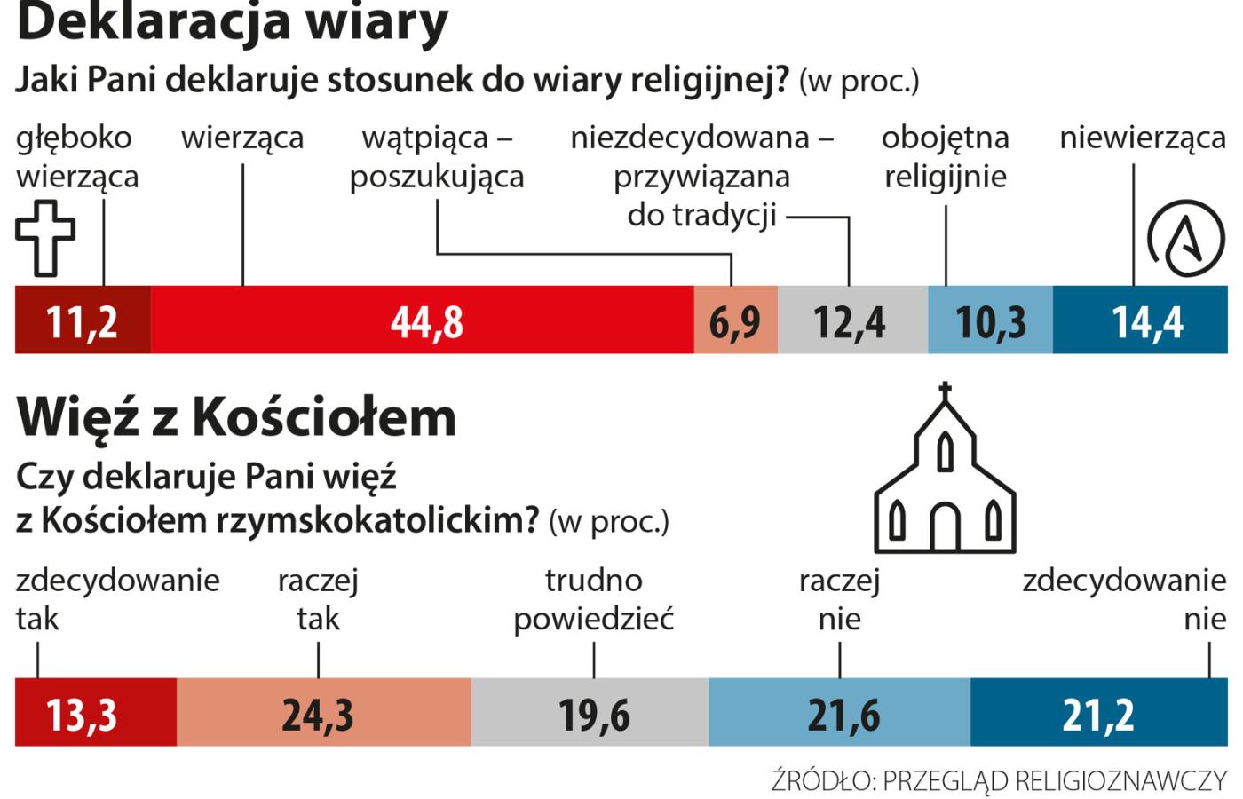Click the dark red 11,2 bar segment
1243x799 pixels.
click(x=83, y=320)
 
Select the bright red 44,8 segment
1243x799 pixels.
click(x=422, y=320)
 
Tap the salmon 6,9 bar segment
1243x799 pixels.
click(x=735, y=320)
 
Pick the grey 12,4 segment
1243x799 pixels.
click(x=852, y=320)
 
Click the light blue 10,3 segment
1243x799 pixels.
click(x=990, y=320)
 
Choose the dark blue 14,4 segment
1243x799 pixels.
click(x=1141, y=320)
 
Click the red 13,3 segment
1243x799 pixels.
click(x=96, y=712)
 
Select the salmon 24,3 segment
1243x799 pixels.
click(x=323, y=712)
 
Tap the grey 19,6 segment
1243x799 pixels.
click(x=590, y=712)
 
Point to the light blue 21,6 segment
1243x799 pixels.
click(x=840, y=712)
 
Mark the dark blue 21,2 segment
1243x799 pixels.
click(x=1098, y=712)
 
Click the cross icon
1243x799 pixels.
click(x=45, y=238)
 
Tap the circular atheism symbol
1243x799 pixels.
click(x=1186, y=238)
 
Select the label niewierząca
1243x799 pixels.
click(x=1143, y=138)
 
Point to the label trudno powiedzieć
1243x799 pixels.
click(x=594, y=599)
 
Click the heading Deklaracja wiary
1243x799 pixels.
click(x=233, y=21)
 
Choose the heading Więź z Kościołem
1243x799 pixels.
click(x=236, y=415)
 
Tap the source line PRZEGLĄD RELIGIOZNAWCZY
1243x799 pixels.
click(x=999, y=780)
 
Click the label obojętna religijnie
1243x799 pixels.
click(x=946, y=157)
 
